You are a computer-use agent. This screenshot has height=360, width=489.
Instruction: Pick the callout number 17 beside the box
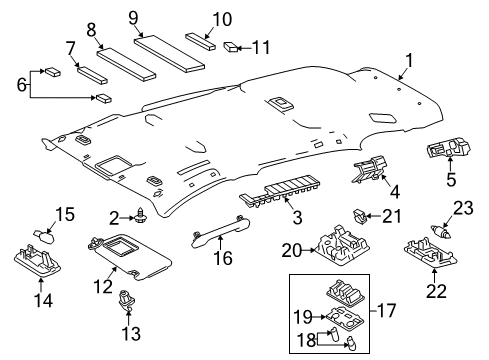pyautogui.click(x=216, y=237)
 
